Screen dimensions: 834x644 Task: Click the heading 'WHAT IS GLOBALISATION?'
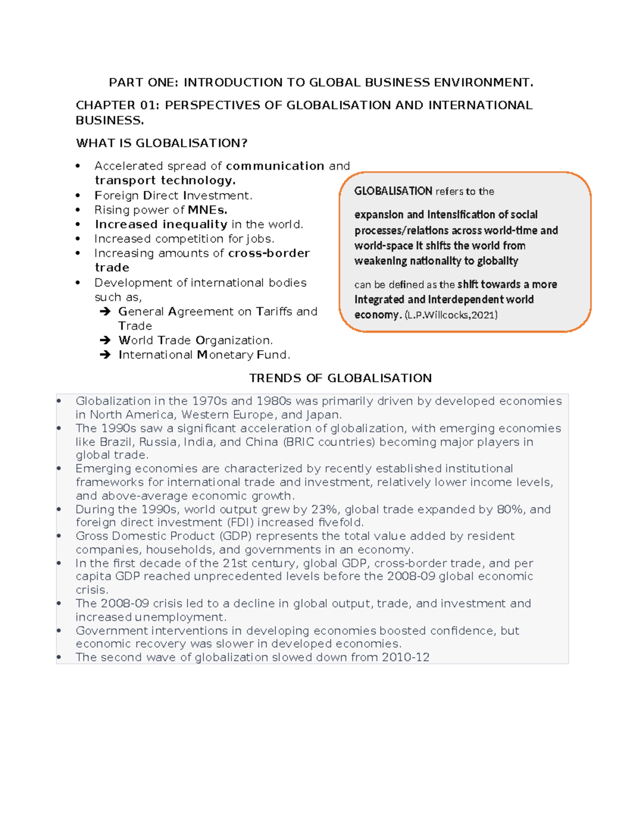(x=162, y=143)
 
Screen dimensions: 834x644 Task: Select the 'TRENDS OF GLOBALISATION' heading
(x=340, y=378)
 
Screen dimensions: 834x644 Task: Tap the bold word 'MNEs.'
(x=208, y=210)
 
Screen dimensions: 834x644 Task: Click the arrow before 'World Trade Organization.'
(x=105, y=340)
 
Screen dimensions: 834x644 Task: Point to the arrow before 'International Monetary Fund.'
(x=105, y=355)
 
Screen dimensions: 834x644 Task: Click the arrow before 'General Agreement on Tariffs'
(x=105, y=311)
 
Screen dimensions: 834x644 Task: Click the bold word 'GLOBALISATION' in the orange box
(x=393, y=191)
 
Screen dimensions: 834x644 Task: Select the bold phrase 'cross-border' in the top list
(x=269, y=253)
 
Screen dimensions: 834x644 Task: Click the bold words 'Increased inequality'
(x=161, y=224)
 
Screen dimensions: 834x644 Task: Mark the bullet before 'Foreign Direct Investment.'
(x=78, y=196)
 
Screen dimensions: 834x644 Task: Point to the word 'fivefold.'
(x=341, y=523)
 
